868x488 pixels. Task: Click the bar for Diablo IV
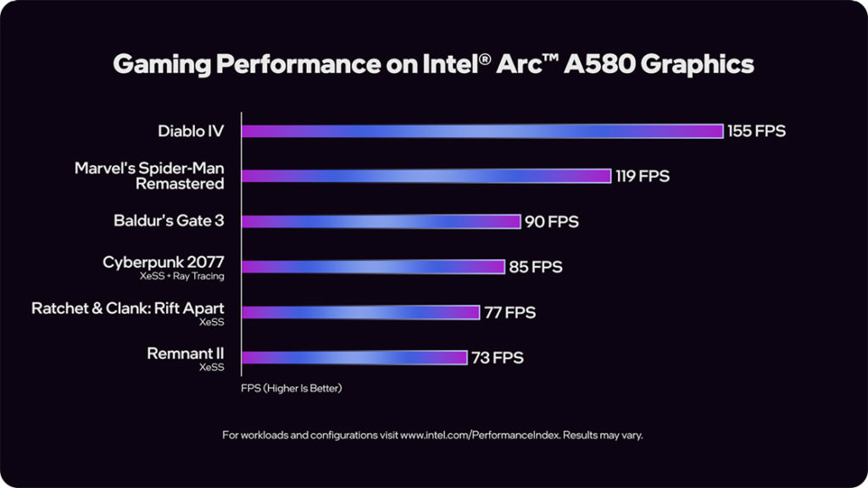coord(482,130)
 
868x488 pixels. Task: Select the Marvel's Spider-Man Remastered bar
coord(426,176)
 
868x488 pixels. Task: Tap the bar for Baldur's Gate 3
coord(381,221)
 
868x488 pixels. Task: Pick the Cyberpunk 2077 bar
coord(374,267)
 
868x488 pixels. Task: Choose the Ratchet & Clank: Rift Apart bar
coord(361,312)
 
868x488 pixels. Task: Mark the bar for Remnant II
coord(355,358)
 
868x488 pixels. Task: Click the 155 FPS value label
coord(756,130)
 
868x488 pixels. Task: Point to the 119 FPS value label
coord(642,176)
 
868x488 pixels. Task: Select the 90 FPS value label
coord(551,221)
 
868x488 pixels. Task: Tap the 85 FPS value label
coord(536,267)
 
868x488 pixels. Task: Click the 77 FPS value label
coord(510,312)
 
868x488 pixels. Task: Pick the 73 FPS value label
coord(498,358)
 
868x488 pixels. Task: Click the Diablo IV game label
coord(191,130)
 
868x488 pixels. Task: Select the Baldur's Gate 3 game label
coord(169,221)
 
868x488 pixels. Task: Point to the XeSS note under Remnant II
coord(211,368)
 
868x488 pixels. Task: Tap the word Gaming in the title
coord(153,64)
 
